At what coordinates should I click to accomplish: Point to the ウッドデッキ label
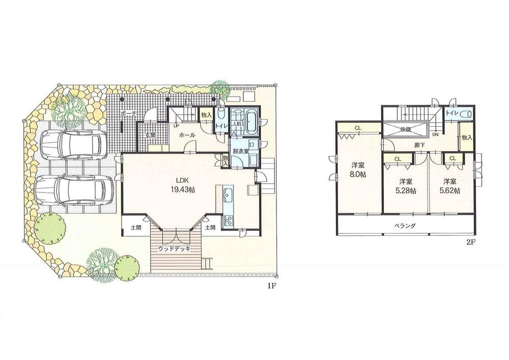[x=174, y=248]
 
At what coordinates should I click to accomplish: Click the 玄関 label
[x=150, y=135]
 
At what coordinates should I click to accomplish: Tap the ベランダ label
[x=406, y=226]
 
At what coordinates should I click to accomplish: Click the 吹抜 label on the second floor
[x=405, y=129]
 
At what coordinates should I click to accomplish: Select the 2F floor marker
[x=470, y=242]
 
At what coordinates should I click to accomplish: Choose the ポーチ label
[x=128, y=115]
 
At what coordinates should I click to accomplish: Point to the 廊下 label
[x=420, y=145]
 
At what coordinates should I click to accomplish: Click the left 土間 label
[x=135, y=228]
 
